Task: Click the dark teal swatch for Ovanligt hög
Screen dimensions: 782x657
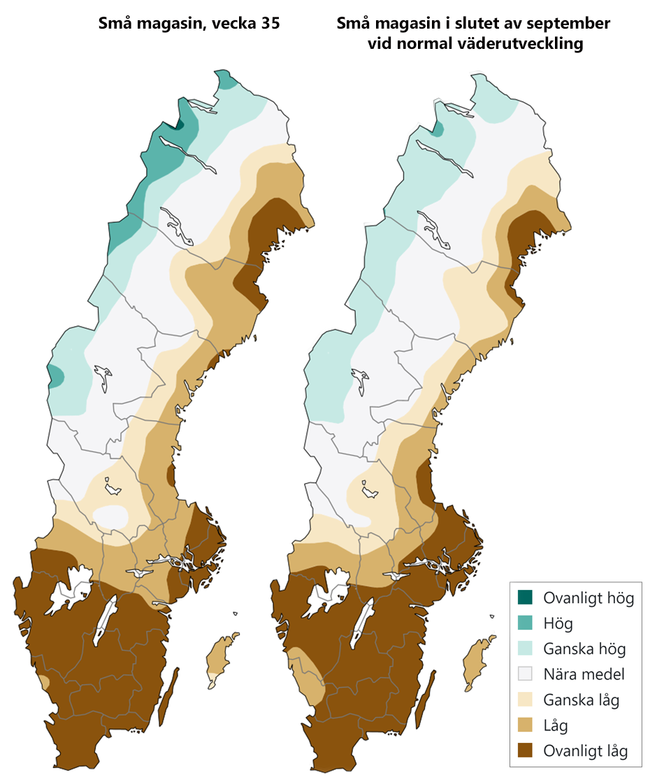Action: (x=525, y=597)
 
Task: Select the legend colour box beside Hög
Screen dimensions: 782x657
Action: (x=525, y=623)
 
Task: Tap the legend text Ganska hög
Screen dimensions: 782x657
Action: (x=584, y=649)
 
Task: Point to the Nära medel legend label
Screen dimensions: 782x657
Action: (x=584, y=674)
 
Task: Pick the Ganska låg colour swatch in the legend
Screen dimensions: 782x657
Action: (x=525, y=700)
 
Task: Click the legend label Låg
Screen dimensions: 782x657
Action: (x=556, y=725)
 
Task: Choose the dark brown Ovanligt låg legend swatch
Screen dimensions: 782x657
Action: (x=525, y=751)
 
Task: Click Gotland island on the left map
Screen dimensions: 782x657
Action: (x=222, y=660)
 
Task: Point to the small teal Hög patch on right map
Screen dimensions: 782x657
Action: (x=439, y=128)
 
